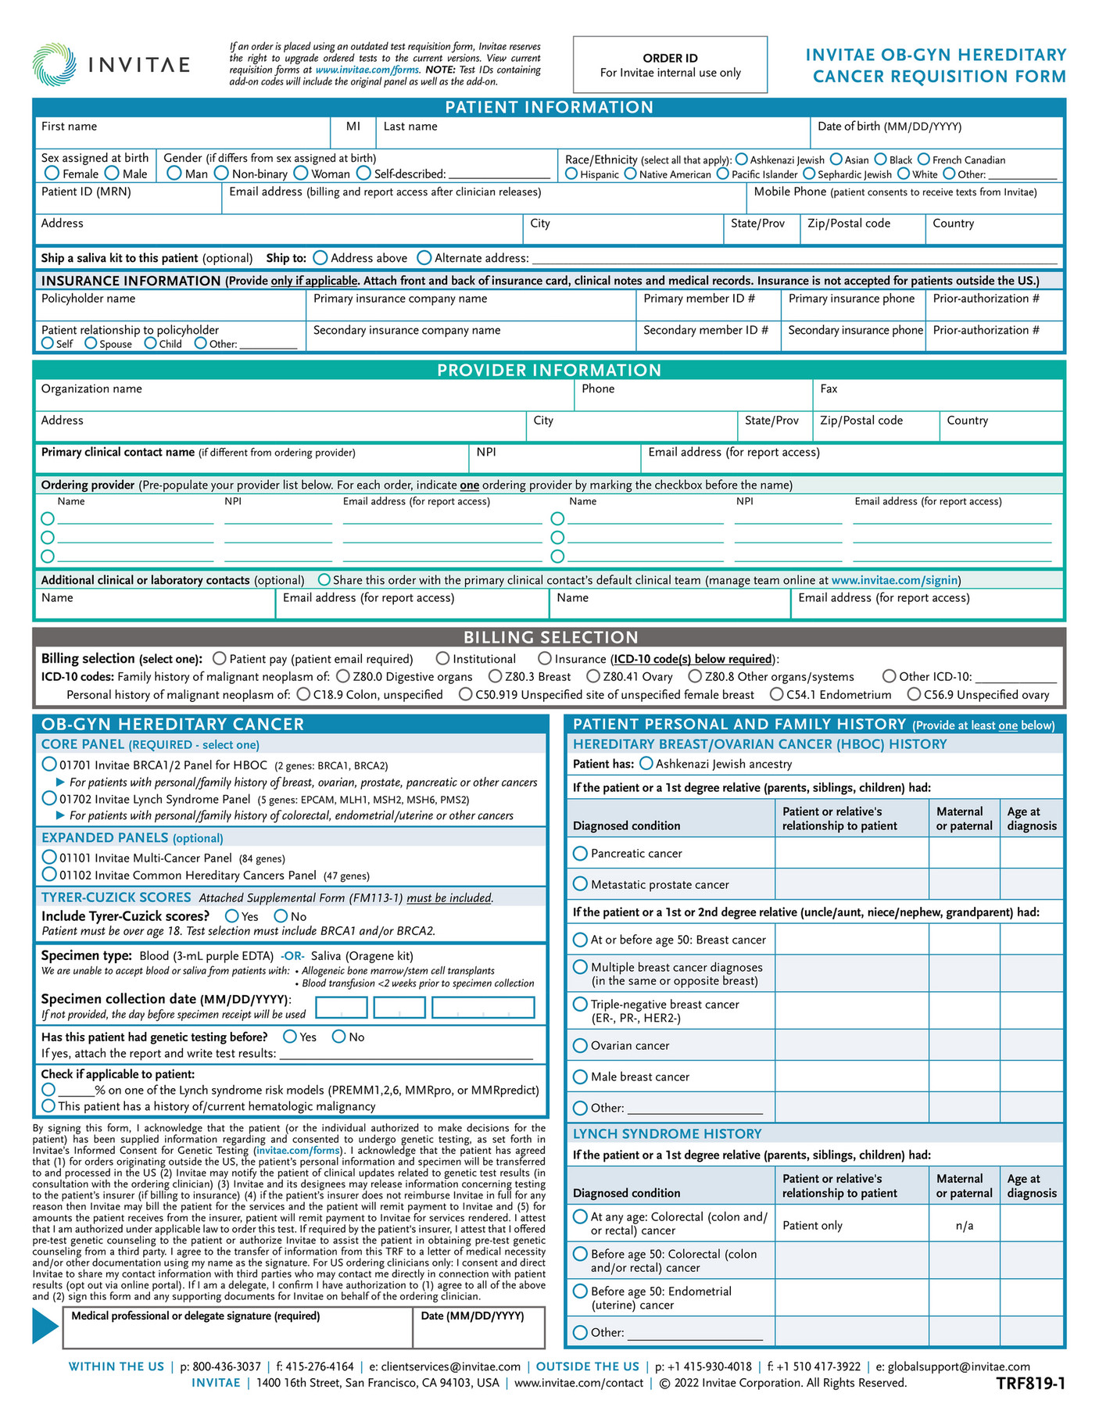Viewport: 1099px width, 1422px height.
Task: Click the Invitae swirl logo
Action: pyautogui.click(x=55, y=64)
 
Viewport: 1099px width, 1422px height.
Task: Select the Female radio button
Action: pyautogui.click(x=52, y=173)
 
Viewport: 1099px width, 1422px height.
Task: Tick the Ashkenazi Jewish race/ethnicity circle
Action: pyautogui.click(x=741, y=159)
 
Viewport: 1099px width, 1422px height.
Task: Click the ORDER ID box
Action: pyautogui.click(x=670, y=65)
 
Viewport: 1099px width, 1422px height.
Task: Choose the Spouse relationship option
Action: pyautogui.click(x=91, y=343)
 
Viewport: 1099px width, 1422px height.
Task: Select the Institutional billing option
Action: pyautogui.click(x=442, y=659)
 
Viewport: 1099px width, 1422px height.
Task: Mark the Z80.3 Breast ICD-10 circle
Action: pyautogui.click(x=495, y=676)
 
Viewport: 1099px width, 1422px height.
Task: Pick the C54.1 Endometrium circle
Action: pyautogui.click(x=776, y=694)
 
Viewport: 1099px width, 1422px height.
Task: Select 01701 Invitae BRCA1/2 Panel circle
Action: pyautogui.click(x=49, y=764)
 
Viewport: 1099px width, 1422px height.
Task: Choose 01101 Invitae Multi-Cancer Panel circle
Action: pyautogui.click(x=49, y=857)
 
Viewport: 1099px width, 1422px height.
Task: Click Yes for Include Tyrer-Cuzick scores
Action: pyautogui.click(x=232, y=915)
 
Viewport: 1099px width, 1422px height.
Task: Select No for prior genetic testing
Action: pyautogui.click(x=338, y=1037)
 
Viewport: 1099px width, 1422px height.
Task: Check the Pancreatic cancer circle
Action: pyautogui.click(x=580, y=853)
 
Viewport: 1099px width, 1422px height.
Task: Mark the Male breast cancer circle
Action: pyautogui.click(x=580, y=1076)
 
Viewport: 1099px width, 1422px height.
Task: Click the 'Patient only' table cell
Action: pyautogui.click(x=812, y=1225)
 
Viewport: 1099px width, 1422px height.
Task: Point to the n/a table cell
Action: pyautogui.click(x=964, y=1225)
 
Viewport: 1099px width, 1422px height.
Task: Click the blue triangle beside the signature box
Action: pyautogui.click(x=45, y=1325)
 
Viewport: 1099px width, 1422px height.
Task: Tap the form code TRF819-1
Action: pyautogui.click(x=1030, y=1384)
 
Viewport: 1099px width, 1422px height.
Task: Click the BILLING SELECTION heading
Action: pyautogui.click(x=550, y=637)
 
